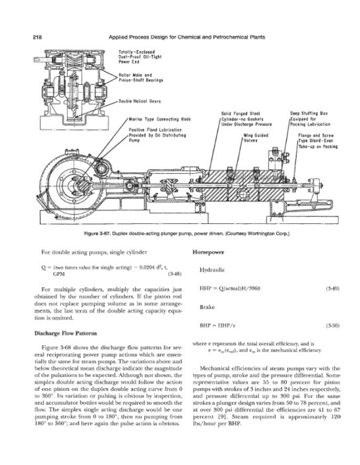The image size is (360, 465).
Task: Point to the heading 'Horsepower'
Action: pyautogui.click(x=209, y=253)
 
